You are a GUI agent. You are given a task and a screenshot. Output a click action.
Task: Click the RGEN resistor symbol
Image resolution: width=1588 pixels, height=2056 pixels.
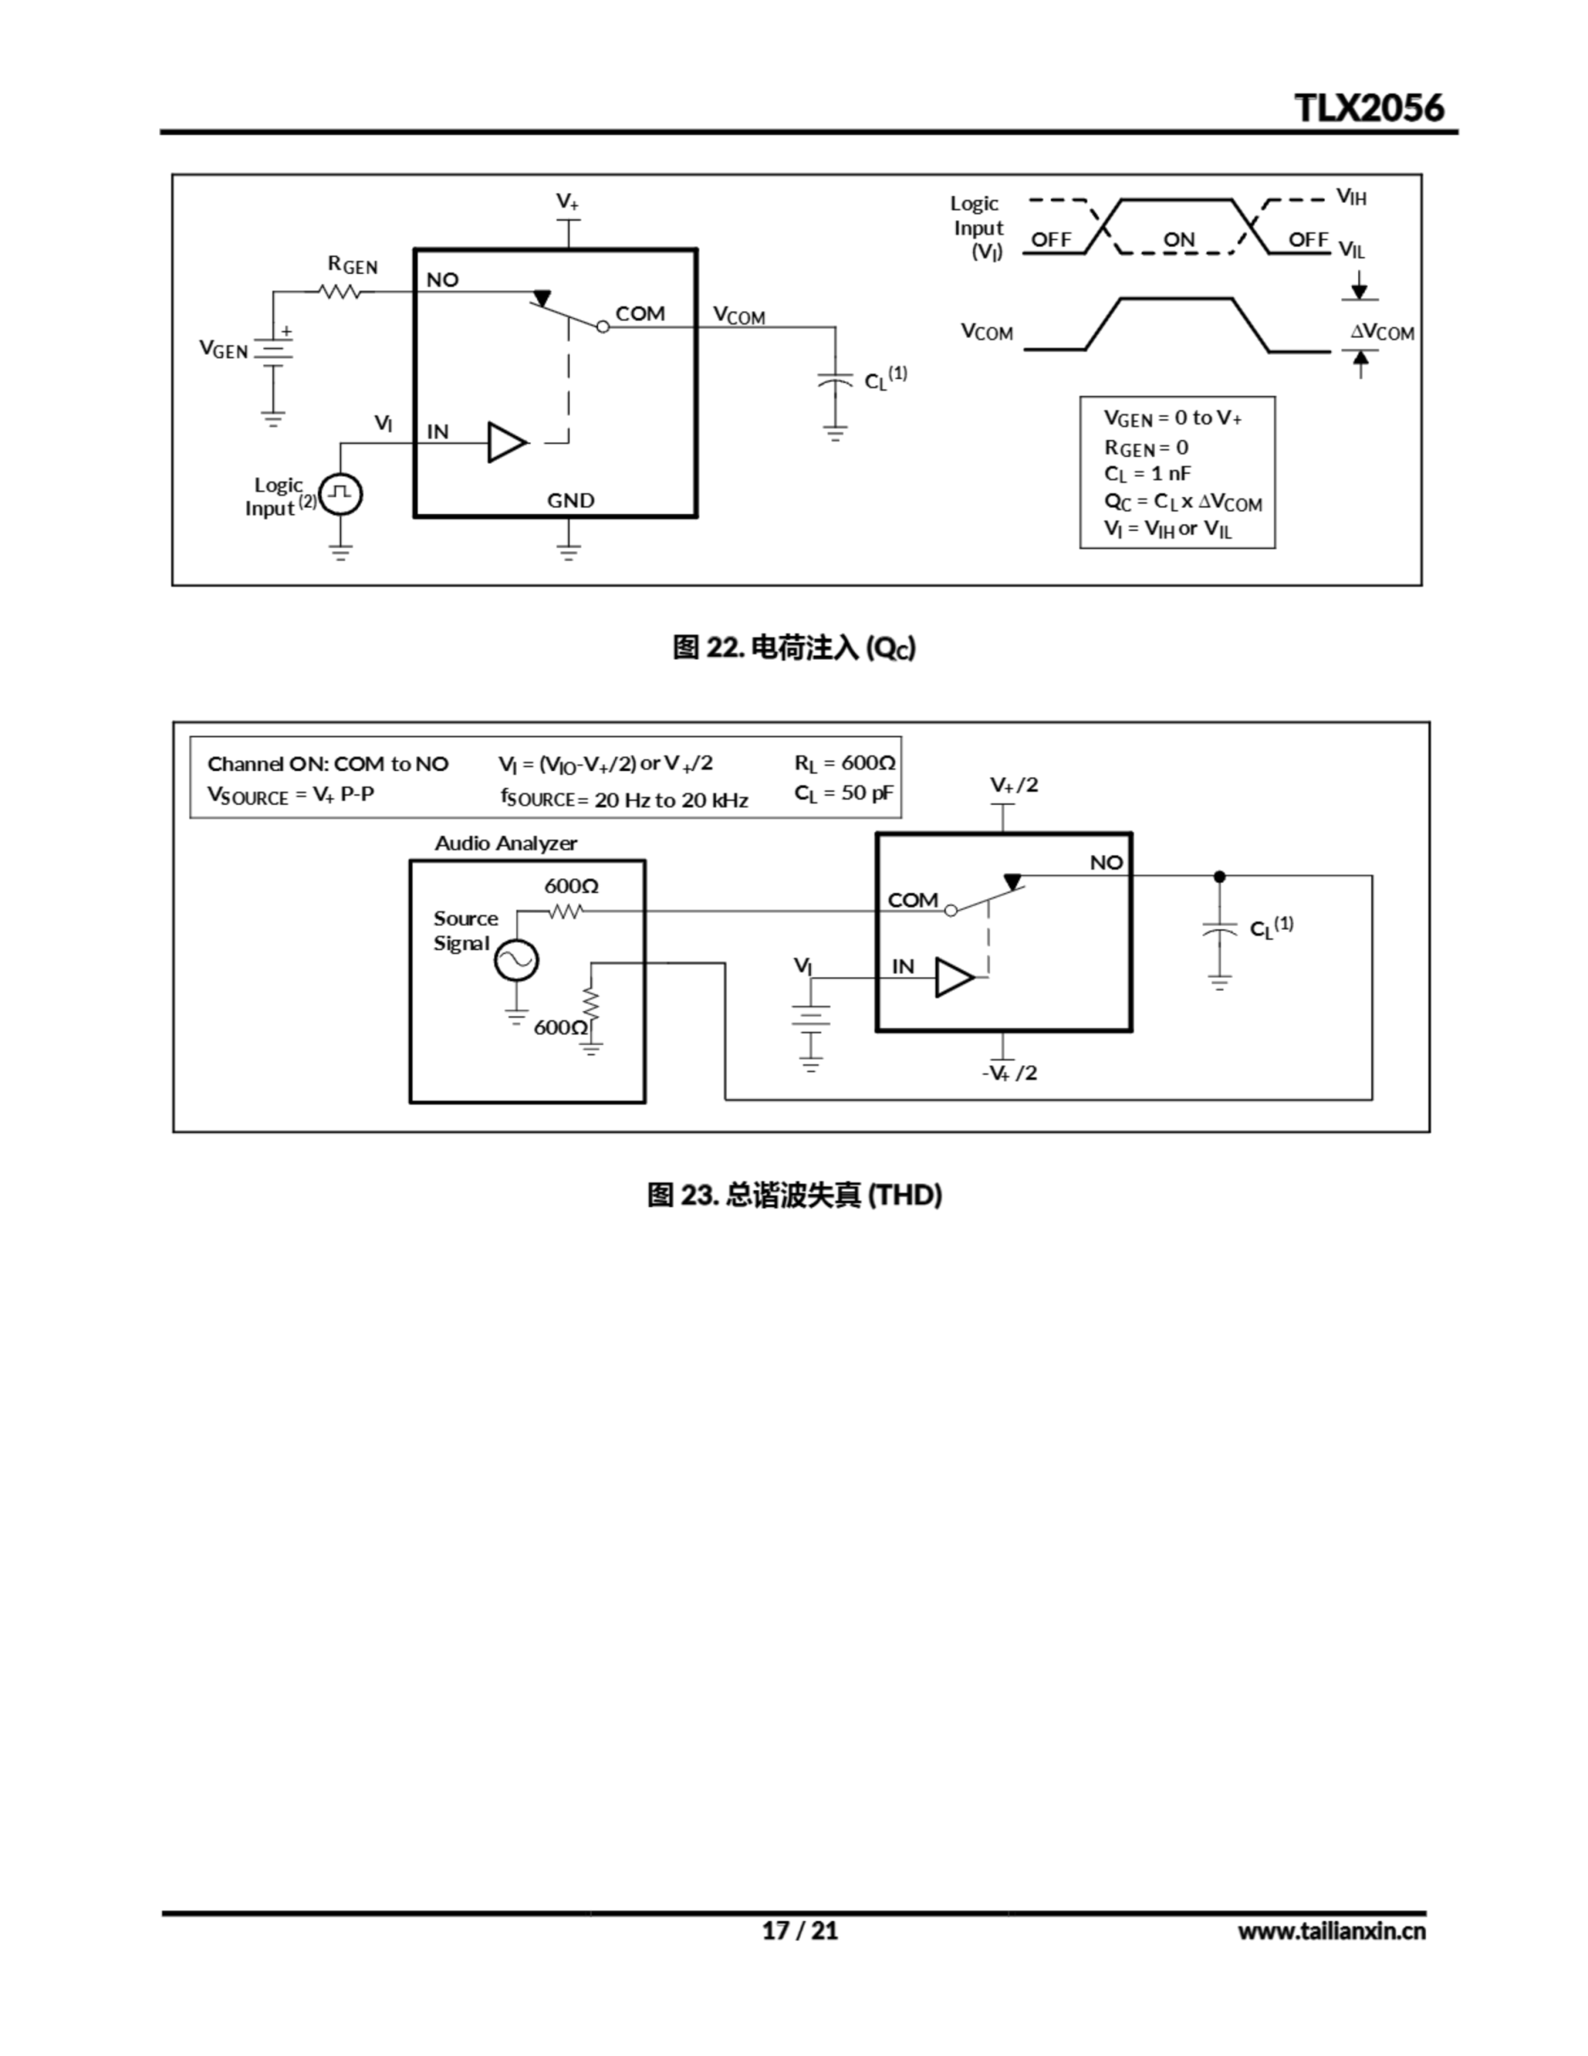tap(340, 292)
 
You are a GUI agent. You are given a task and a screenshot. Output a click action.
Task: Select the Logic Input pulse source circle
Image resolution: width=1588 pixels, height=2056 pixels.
tap(340, 493)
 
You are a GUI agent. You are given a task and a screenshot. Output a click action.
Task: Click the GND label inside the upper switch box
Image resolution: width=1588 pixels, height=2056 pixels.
tap(571, 500)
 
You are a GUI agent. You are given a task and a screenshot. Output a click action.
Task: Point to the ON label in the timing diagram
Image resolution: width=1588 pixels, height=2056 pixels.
tap(1179, 239)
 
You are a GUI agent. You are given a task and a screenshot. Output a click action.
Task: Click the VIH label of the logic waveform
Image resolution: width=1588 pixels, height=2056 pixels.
tap(1351, 197)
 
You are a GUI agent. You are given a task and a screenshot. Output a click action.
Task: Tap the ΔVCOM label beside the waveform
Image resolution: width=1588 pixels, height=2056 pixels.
tap(1382, 332)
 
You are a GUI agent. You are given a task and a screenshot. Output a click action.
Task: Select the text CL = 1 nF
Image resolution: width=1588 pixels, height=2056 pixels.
tap(1146, 474)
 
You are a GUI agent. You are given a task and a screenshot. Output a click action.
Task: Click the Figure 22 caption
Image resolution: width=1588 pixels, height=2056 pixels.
tap(793, 647)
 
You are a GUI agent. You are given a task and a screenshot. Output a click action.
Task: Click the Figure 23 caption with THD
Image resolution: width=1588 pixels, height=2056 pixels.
tap(793, 1194)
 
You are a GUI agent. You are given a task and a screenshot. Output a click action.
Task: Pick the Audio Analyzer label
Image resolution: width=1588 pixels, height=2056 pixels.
tap(506, 842)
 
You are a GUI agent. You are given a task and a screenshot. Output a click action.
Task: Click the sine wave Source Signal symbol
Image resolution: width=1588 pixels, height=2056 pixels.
tap(517, 961)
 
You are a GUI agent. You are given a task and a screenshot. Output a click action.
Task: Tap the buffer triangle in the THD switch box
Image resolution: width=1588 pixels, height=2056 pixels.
tap(954, 977)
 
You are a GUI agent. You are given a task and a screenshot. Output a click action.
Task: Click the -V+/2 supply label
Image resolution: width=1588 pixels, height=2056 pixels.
tap(1009, 1072)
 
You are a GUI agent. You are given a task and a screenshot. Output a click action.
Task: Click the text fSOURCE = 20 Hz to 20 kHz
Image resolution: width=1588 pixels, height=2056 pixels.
tap(624, 799)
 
